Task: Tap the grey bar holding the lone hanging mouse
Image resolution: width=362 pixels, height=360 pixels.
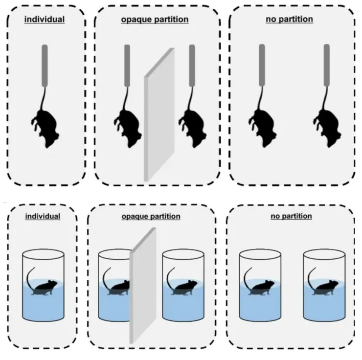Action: coord(45,66)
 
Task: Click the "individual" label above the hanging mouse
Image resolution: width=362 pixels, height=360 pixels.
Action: coord(45,20)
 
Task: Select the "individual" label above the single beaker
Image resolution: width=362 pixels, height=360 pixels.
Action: coord(43,216)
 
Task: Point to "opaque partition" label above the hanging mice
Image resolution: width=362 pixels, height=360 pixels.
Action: coord(155,20)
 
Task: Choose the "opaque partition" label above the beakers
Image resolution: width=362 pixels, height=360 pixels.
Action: coord(151,217)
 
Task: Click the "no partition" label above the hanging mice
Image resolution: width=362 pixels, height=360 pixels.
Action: coord(289,20)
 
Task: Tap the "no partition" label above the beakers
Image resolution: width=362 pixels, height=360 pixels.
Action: coord(292,216)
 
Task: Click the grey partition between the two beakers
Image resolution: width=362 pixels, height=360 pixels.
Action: coord(143,285)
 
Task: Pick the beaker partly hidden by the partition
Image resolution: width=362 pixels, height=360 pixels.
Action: coord(114,285)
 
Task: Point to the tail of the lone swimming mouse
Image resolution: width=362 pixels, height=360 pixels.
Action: coord(29,278)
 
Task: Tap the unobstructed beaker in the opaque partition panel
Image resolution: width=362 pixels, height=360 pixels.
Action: coord(183,285)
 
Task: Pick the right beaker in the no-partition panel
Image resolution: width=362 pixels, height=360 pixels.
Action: coord(324,285)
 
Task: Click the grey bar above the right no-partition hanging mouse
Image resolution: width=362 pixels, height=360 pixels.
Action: coord(327,66)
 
